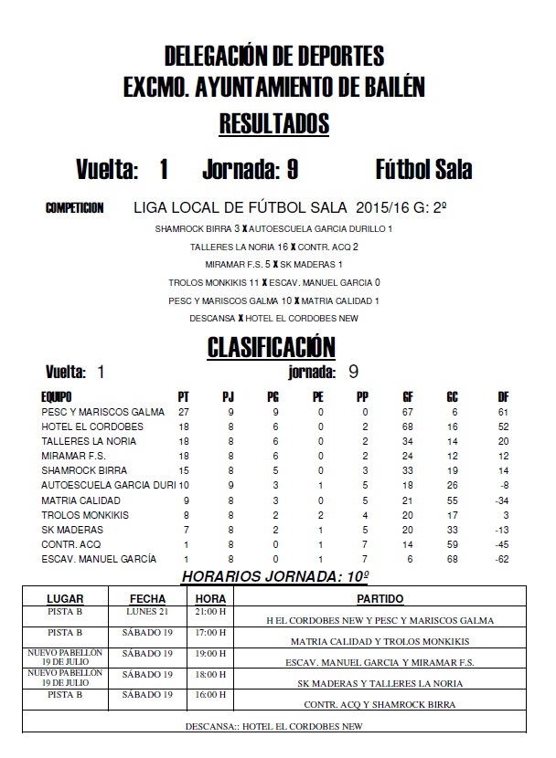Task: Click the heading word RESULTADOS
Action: (274, 123)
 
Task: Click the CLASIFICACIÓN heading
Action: (271, 347)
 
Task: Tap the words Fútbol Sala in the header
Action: (423, 170)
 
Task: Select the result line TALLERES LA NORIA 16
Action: (274, 247)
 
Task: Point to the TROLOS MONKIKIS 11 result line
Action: (274, 282)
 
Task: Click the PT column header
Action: (184, 397)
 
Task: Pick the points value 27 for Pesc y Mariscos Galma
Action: (184, 412)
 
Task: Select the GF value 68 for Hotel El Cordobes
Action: (408, 426)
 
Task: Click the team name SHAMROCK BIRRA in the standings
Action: (79, 470)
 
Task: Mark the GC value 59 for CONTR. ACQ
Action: (452, 544)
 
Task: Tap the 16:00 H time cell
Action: (210, 694)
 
